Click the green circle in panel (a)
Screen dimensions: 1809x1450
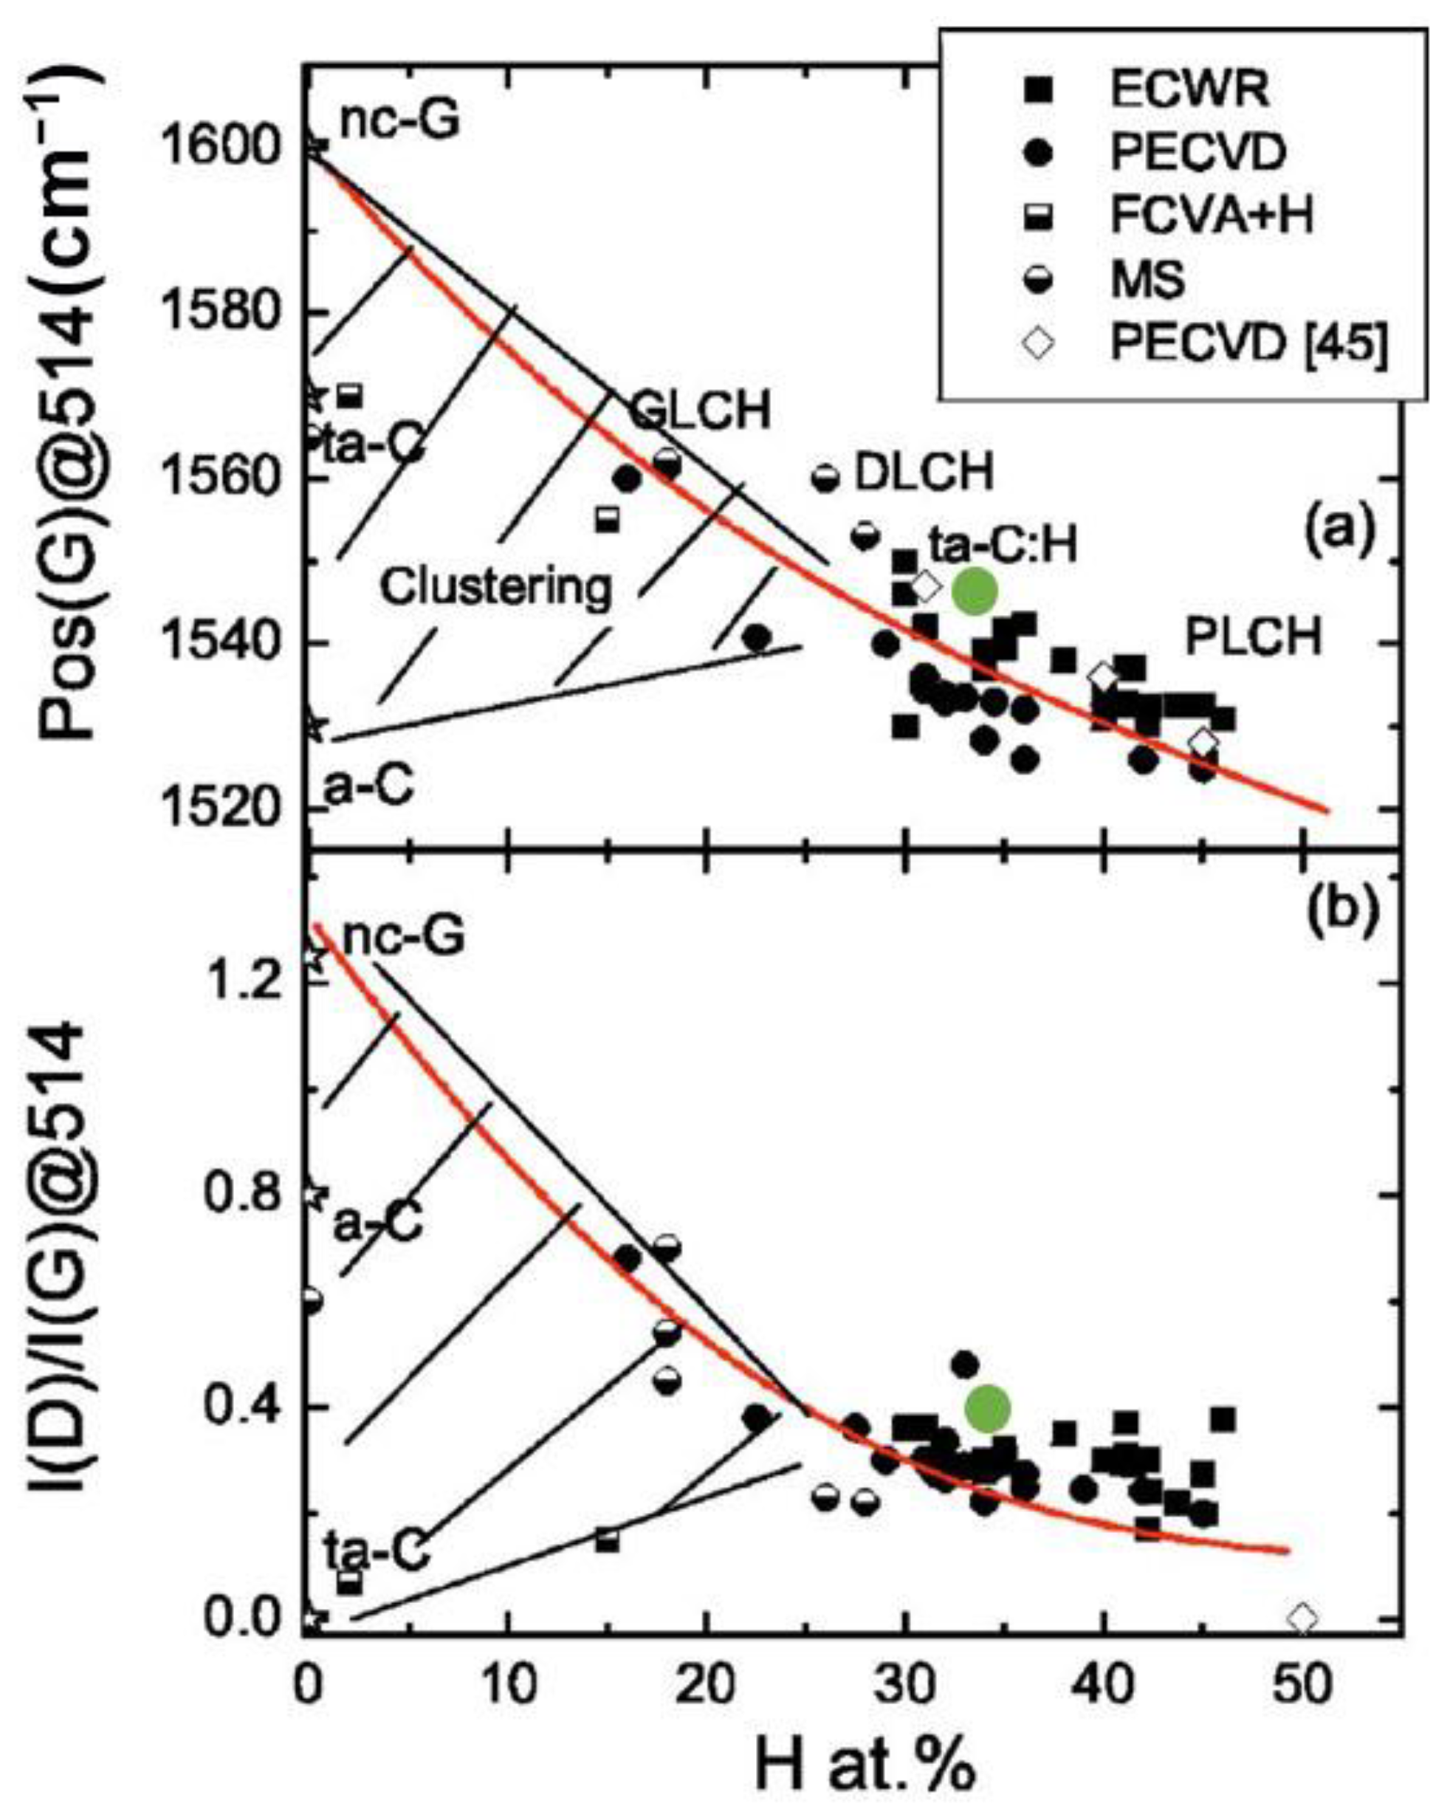975,591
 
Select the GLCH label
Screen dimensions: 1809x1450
700,411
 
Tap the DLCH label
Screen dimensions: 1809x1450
923,473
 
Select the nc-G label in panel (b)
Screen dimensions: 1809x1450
403,936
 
